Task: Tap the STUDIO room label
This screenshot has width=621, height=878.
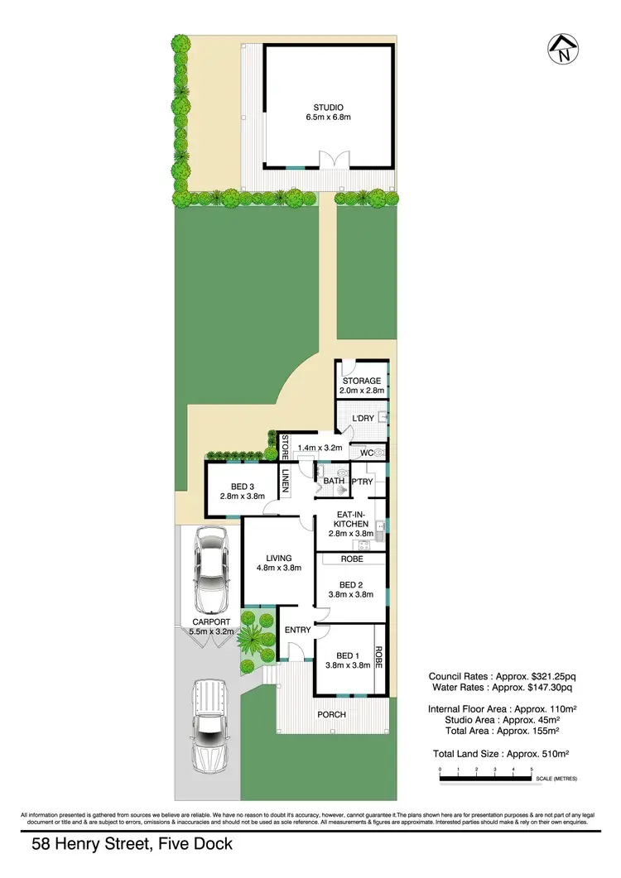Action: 327,108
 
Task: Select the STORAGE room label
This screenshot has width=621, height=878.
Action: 362,381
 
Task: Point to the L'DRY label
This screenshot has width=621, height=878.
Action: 363,419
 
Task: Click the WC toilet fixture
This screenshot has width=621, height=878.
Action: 378,453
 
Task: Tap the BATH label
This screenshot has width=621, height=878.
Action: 334,481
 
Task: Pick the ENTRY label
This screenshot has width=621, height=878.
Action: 297,631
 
